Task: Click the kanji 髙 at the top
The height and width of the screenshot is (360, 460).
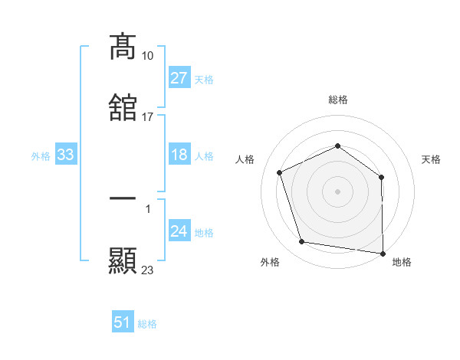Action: pos(123,47)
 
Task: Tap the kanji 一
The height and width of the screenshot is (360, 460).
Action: pos(123,198)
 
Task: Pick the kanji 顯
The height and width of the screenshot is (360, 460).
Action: pos(123,260)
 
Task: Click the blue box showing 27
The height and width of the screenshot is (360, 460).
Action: pos(179,78)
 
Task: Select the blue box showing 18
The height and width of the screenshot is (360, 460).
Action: pos(179,155)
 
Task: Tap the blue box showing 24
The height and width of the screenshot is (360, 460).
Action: pos(179,232)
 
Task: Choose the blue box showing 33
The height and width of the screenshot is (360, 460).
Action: pos(66,155)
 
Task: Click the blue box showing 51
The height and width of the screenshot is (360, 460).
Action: pos(123,322)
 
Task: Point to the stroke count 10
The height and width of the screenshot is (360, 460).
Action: pos(148,56)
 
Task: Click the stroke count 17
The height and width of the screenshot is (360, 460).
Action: pos(148,117)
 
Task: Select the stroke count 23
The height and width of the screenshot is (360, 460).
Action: pos(148,270)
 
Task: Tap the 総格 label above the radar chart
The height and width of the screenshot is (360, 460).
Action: pos(338,100)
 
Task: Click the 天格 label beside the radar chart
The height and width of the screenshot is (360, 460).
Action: pos(431,159)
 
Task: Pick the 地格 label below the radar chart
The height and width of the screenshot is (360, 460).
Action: pos(402,262)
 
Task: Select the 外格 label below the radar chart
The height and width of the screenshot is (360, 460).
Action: pos(270,262)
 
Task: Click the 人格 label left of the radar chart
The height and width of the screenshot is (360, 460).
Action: pos(245,159)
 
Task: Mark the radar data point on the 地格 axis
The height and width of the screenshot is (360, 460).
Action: pos(383,253)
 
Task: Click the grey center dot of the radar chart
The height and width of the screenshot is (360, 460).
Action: pos(337,191)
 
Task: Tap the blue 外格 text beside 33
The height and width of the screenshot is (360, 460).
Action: pos(41,156)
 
